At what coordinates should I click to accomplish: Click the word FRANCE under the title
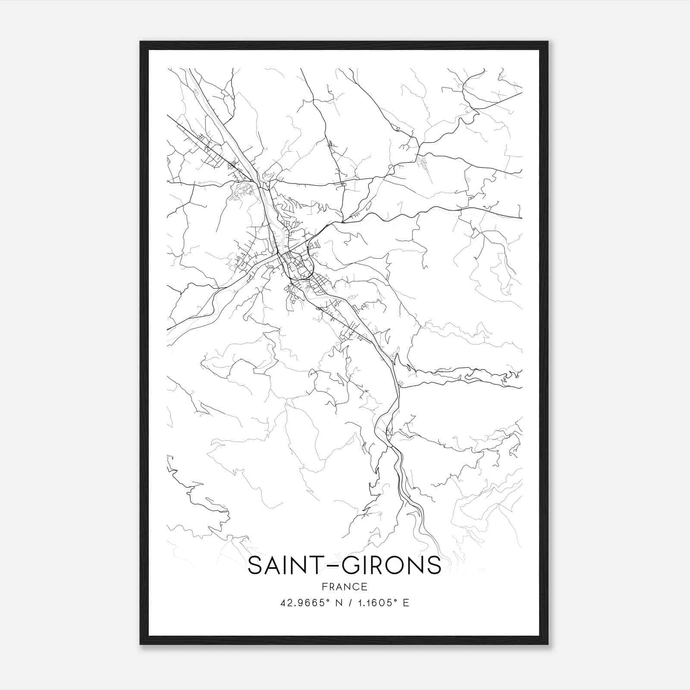[344, 586]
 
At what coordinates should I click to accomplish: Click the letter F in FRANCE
[324, 586]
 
